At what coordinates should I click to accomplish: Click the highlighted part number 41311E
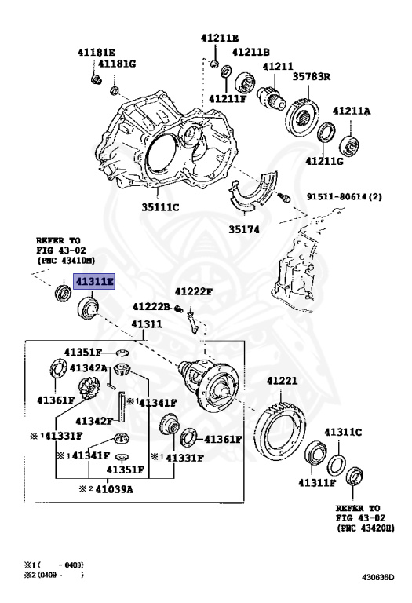pos(94,282)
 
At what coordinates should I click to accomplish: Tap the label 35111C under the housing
pos(160,207)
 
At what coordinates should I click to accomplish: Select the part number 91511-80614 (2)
pos(344,196)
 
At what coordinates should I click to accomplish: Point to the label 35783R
pos(312,76)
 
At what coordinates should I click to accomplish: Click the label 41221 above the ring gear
pos(282,381)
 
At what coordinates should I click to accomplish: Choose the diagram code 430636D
pos(377,577)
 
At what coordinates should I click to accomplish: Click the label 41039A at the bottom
pos(114,489)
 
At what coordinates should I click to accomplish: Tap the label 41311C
pos(343,433)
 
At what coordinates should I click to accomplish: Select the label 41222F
pos(193,291)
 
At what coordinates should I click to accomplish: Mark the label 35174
pos(244,229)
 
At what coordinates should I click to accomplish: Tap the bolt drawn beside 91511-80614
pos(285,198)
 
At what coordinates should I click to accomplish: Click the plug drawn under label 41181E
pos(96,79)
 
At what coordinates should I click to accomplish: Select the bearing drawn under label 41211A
pos(349,145)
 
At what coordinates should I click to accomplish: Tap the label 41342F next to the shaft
pos(93,421)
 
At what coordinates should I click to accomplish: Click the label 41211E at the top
pos(220,38)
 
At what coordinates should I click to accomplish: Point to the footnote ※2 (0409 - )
pos(54,575)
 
